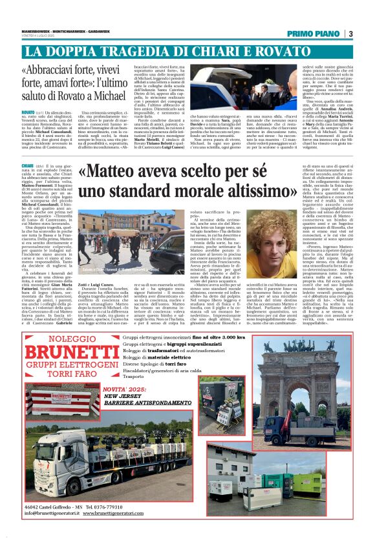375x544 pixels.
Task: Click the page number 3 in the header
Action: (350, 34)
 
